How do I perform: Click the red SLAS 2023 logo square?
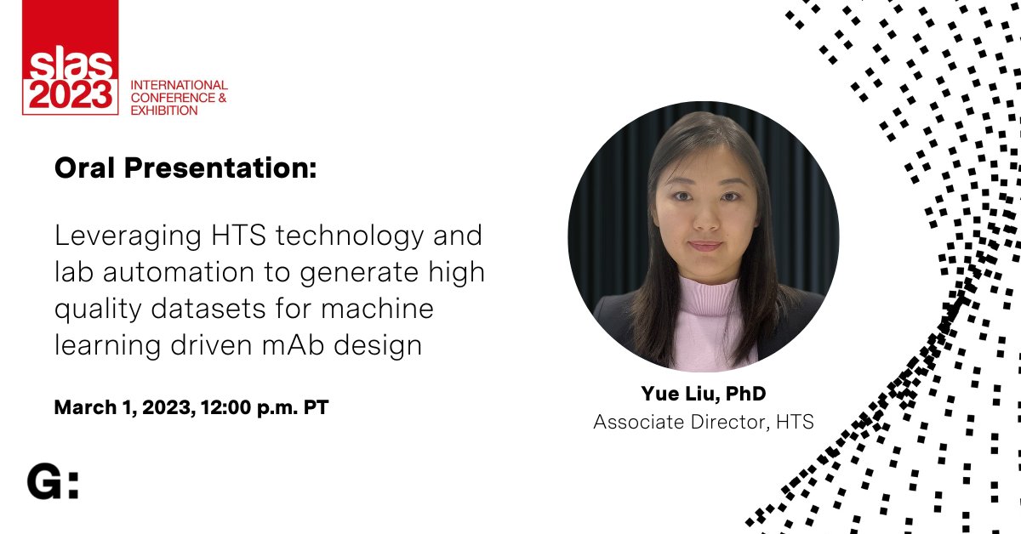(70, 60)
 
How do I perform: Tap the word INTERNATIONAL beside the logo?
(179, 85)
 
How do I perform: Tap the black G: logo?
(53, 482)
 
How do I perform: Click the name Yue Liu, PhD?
(703, 394)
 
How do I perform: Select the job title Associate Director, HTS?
(703, 422)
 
